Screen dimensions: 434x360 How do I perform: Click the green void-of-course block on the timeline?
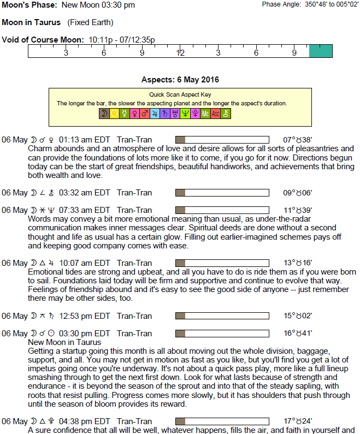pos(320,51)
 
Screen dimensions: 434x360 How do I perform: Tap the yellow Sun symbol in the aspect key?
pos(114,114)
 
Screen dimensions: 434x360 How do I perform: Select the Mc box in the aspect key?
pos(205,114)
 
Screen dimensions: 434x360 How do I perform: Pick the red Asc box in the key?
pos(215,114)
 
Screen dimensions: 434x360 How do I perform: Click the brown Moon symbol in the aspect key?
pos(104,114)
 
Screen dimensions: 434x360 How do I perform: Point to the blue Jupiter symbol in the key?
pos(155,114)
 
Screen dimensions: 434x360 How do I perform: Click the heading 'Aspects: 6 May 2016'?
pos(180,80)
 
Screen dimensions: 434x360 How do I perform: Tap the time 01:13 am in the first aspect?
pos(75,140)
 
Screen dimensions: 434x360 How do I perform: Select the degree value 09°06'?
pos(297,193)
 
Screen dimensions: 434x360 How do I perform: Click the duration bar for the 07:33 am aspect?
pos(222,210)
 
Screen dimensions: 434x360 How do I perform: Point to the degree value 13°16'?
pos(297,263)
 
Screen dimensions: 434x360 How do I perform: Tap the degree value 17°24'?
pos(297,421)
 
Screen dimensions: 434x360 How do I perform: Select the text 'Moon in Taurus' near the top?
pos(31,23)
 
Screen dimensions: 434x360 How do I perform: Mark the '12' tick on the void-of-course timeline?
pos(180,53)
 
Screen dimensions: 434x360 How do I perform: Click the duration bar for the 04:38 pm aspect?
pos(222,421)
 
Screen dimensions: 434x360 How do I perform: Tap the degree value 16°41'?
pos(297,334)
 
